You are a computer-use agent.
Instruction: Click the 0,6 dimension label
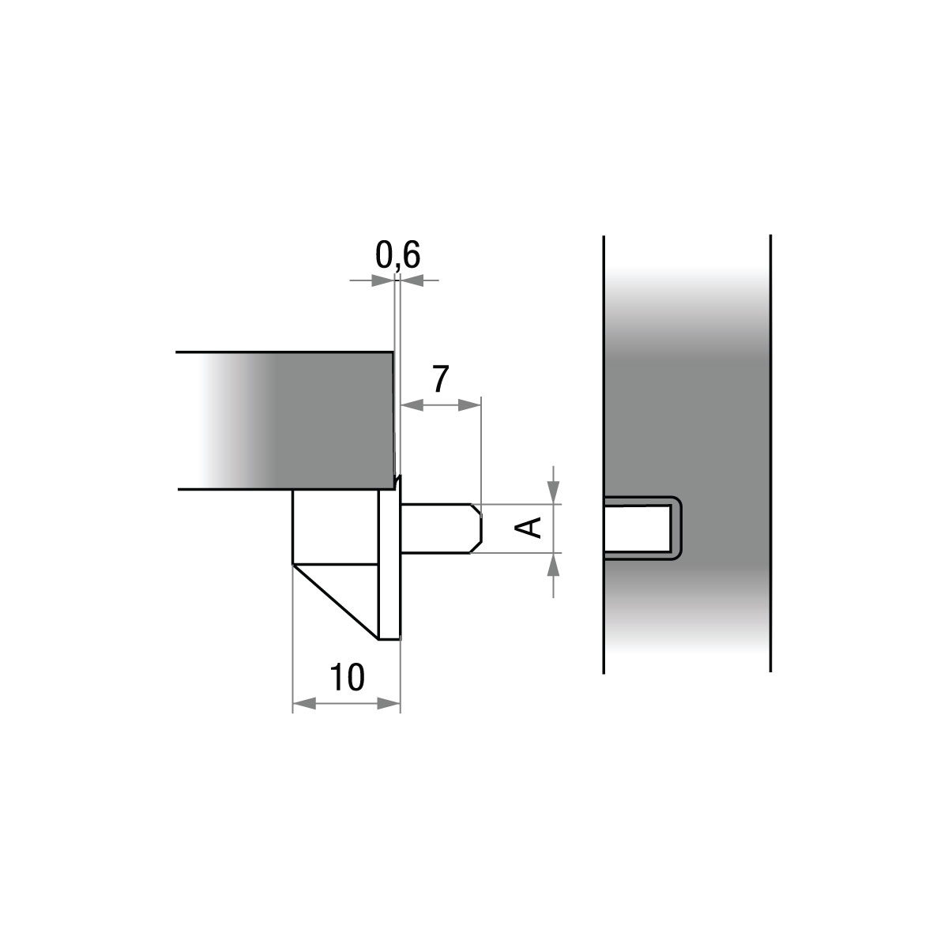coord(397,256)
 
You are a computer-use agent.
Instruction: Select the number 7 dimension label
coord(441,379)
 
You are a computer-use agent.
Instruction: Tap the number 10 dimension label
coord(348,677)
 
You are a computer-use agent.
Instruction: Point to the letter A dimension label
coord(528,529)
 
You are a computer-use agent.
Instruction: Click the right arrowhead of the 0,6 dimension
coord(412,280)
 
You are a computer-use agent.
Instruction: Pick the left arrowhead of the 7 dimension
coord(412,405)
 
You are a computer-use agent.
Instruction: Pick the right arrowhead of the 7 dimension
coord(469,405)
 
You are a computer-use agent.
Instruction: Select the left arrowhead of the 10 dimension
coord(304,705)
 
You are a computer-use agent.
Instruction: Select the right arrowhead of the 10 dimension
coord(389,705)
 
